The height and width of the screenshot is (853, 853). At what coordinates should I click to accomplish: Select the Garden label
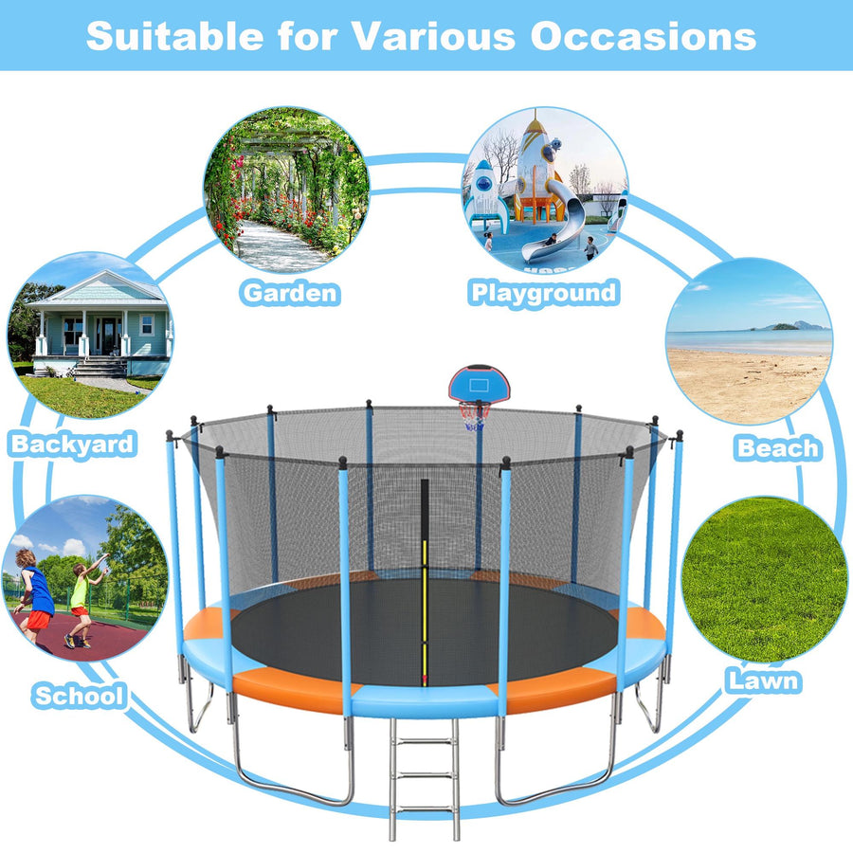pos(290,292)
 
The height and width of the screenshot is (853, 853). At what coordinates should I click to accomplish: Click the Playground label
pos(544,292)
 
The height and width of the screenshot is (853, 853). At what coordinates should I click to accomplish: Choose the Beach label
pos(778,447)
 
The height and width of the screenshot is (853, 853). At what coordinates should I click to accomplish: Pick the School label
pos(80,696)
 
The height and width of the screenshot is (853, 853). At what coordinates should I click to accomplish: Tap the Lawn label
pos(763,680)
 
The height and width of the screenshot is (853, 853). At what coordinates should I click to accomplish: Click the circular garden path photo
pos(286,190)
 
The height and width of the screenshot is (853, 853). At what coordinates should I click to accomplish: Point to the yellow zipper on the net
pos(425,607)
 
